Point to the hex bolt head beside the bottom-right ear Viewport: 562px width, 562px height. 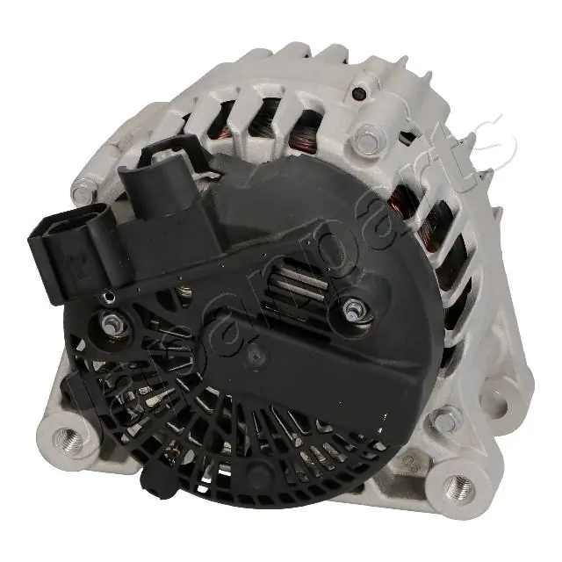coord(445,419)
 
